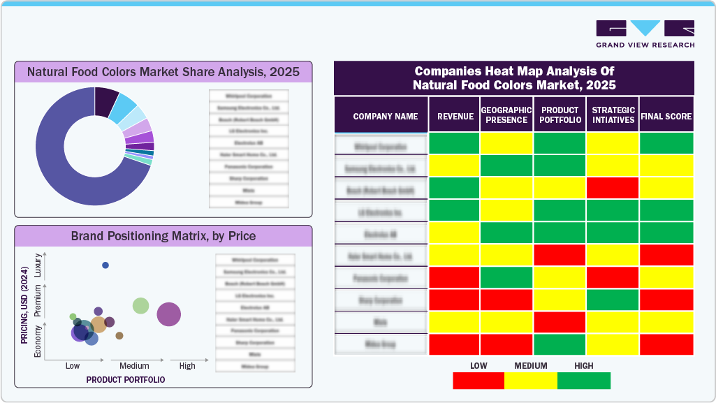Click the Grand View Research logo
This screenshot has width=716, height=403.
point(645,34)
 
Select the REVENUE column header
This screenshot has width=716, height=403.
point(455,117)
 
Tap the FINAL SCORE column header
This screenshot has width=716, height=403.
point(666,117)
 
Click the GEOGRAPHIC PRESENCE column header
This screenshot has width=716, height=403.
point(507,115)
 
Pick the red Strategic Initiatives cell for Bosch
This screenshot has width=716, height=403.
point(613,188)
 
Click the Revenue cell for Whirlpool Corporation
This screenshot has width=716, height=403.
point(454,143)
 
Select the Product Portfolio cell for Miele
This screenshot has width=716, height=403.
point(560,322)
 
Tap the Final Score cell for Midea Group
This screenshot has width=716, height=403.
point(666,344)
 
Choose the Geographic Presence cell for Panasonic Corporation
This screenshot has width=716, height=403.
point(507,277)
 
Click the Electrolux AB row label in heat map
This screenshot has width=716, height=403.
point(381,233)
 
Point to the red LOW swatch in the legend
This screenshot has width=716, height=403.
point(478,381)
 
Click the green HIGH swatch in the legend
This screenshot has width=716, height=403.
point(584,381)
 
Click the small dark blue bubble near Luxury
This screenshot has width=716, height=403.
point(105,265)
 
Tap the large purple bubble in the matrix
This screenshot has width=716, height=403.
point(169,314)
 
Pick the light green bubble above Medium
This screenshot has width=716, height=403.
point(141,305)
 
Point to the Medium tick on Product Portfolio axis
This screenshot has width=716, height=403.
point(134,366)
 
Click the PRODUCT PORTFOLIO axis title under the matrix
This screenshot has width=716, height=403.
point(126,379)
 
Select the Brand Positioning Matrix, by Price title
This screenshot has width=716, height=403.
point(163,236)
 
